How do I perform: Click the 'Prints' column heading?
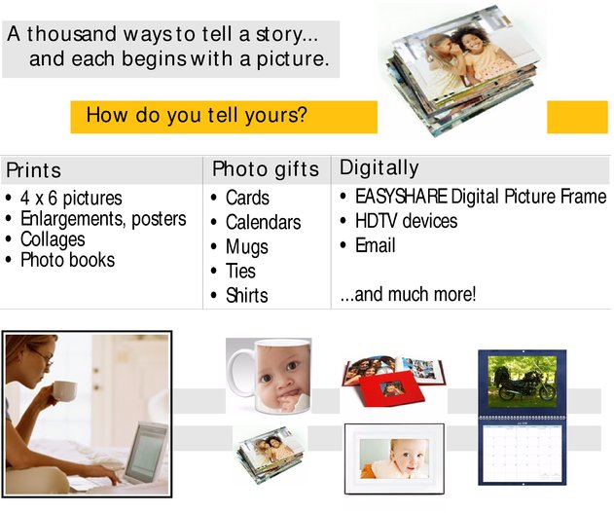pos(34,170)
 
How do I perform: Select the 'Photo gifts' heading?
pos(266,169)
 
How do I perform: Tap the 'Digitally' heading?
pos(379,168)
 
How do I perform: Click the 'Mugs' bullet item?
pos(247,247)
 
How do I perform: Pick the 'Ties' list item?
pos(240,271)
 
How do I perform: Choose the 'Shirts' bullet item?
pos(247,295)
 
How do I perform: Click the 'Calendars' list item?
pos(263,222)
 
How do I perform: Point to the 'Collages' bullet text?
pos(53,239)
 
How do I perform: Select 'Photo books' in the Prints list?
pos(67,260)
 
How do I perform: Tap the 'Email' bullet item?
pos(376,245)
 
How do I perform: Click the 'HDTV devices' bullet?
pos(406,221)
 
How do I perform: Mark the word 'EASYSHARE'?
pos(401,197)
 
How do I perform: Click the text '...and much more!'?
pos(408,294)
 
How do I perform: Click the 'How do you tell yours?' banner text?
pos(197,116)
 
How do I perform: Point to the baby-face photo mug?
pos(271,376)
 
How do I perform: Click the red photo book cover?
pos(391,387)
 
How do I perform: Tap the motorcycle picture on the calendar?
pos(523,382)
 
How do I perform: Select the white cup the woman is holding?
pos(64,390)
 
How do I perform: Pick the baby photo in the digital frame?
pos(394,458)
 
